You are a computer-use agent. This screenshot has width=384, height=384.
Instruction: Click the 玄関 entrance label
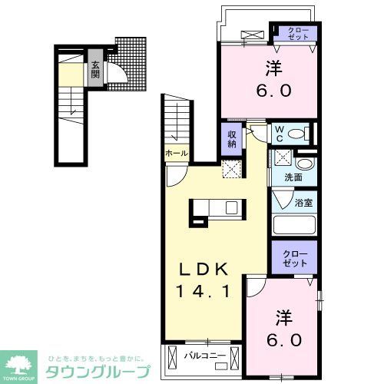(x=95, y=70)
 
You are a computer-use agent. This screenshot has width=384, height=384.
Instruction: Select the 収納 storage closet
(x=231, y=138)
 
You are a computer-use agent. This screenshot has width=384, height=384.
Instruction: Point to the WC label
(x=280, y=134)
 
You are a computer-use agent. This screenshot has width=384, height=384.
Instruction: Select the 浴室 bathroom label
(x=303, y=203)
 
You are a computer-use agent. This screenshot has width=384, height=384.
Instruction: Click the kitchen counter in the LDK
(x=217, y=207)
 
